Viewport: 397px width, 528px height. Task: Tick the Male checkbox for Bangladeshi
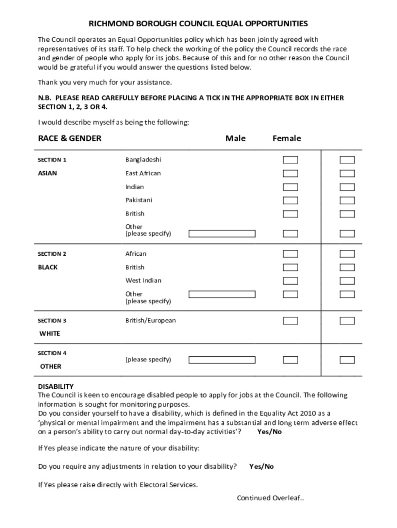(x=290, y=160)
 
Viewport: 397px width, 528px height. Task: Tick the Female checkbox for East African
(x=347, y=173)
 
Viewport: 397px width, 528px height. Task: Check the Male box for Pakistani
(x=290, y=200)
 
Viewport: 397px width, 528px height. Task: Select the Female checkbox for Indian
(x=347, y=187)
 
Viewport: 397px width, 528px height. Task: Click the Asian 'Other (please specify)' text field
(x=222, y=234)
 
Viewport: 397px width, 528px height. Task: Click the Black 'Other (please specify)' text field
(x=222, y=294)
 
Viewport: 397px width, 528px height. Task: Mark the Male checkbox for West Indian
(x=290, y=281)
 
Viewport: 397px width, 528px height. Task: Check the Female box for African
(x=347, y=254)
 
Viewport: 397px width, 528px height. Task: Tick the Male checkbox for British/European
(x=290, y=321)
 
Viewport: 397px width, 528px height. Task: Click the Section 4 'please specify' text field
(x=222, y=360)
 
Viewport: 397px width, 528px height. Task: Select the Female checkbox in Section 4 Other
(x=347, y=359)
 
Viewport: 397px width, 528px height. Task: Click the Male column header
(x=236, y=138)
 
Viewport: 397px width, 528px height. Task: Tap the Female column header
(x=287, y=138)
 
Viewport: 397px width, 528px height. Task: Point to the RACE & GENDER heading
(x=70, y=138)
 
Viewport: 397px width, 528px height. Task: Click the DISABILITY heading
(x=56, y=386)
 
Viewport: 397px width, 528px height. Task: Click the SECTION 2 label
(x=52, y=254)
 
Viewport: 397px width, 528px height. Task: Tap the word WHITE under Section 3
(x=50, y=334)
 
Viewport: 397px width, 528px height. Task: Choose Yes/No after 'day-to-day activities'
(x=269, y=432)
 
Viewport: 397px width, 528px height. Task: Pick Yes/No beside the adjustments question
(x=261, y=467)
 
